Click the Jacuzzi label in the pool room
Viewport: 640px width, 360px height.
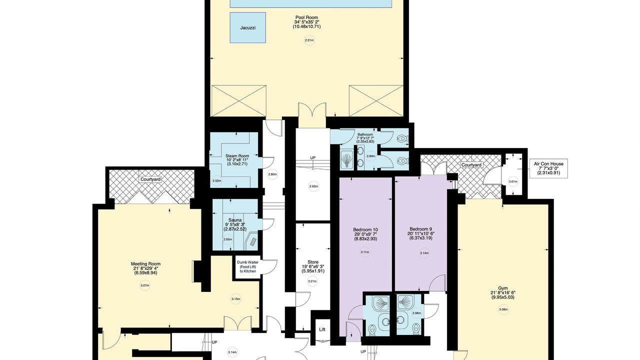pos(247,27)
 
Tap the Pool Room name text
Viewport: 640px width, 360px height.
pos(306,17)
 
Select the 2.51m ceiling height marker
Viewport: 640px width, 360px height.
pos(309,40)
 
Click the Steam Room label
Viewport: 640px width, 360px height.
pos(237,156)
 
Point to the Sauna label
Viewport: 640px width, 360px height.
pos(235,220)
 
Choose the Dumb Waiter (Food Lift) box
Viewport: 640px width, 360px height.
pos(247,266)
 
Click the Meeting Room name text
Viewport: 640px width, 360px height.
pos(145,263)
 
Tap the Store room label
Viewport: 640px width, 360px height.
pos(313,262)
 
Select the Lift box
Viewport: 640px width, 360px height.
pos(322,329)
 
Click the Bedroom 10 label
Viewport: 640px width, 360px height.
pos(365,229)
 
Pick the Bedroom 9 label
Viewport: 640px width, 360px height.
pos(420,229)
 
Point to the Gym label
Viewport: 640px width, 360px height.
pos(502,288)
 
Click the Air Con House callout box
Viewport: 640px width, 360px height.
pos(548,168)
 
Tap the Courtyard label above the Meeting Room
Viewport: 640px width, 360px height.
pos(150,179)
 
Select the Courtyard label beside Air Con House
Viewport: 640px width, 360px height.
pos(471,165)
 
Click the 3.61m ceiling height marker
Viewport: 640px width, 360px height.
pos(513,181)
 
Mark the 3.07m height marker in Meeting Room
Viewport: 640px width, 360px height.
pos(145,285)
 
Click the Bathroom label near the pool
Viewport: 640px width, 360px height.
pos(365,134)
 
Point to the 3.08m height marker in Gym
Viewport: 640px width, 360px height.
pos(503,309)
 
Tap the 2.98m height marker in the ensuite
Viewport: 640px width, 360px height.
pos(416,313)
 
